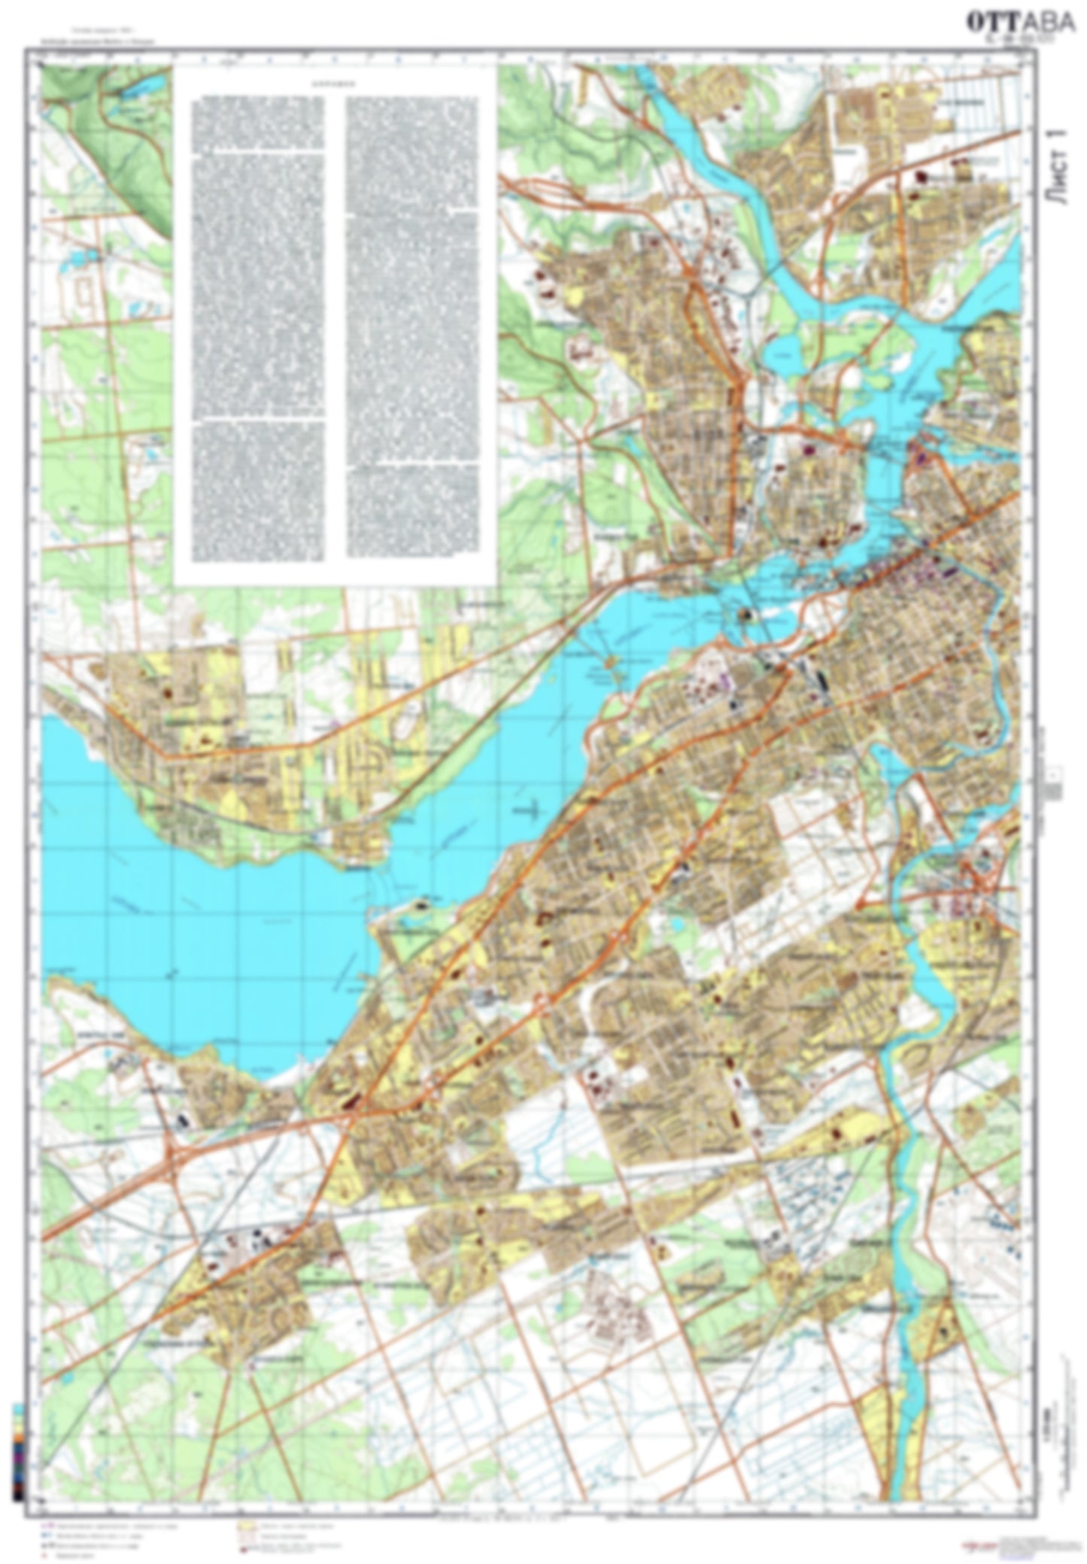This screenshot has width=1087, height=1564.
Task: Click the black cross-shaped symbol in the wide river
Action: coord(531,810)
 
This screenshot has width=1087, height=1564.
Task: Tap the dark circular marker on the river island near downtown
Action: coord(746,616)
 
